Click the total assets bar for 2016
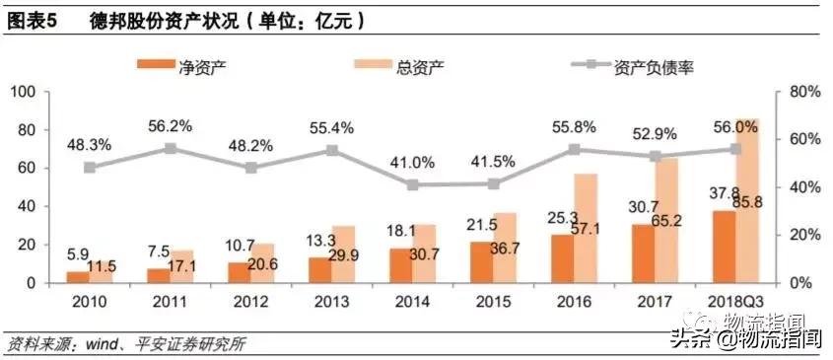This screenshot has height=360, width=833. tap(586, 228)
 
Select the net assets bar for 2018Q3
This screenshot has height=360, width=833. tap(723, 247)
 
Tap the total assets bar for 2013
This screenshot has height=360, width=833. tap(342, 253)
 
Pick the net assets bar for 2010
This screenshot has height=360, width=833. tap(77, 276)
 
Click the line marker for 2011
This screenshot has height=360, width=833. tap(171, 148)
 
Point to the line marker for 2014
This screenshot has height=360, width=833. tap(413, 184)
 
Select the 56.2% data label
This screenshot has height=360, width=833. tap(171, 125)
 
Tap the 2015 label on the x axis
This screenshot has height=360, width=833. tap(494, 300)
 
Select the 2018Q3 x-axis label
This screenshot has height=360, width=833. tap(735, 300)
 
